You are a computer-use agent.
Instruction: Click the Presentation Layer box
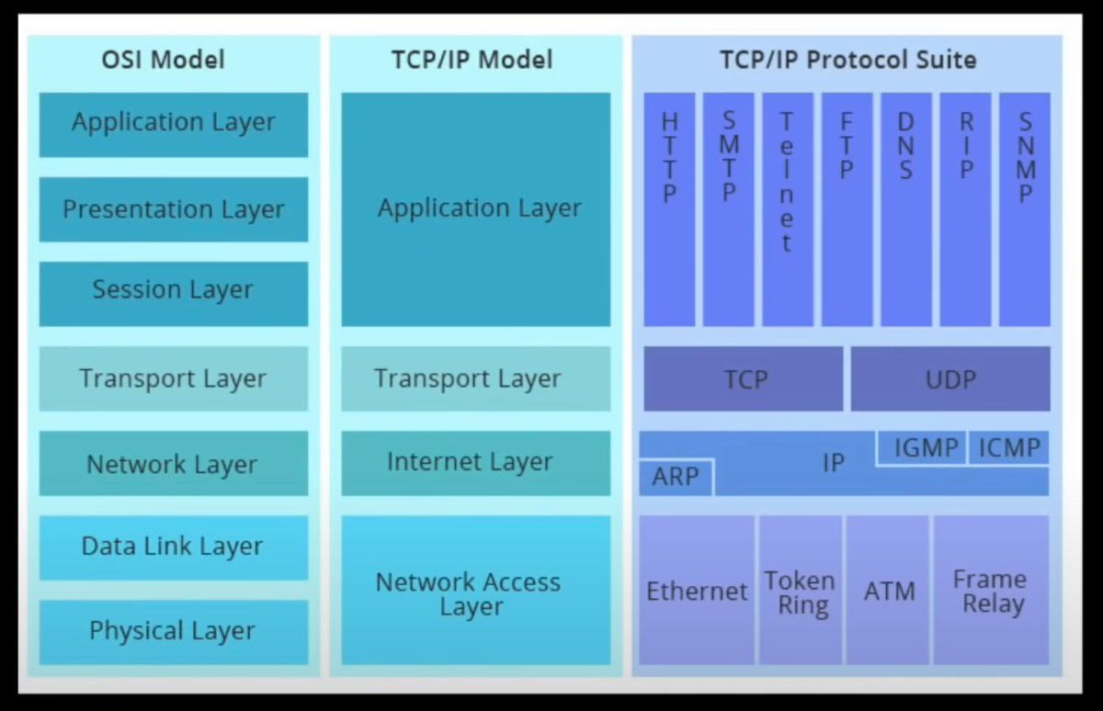(x=174, y=209)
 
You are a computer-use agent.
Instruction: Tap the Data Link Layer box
(x=174, y=547)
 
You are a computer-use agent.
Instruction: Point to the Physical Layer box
(x=174, y=631)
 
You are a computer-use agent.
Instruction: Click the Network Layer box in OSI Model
(x=174, y=464)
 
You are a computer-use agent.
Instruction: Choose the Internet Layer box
(x=475, y=462)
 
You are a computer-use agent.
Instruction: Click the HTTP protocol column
(x=669, y=209)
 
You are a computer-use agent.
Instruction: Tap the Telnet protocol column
(x=787, y=209)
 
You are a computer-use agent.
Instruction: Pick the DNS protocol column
(x=905, y=209)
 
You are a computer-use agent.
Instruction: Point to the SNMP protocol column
(x=1024, y=209)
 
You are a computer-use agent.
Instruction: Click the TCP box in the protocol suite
(x=743, y=378)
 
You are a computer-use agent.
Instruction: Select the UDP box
(x=950, y=378)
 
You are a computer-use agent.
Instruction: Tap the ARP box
(x=676, y=478)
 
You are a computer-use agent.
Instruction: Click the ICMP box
(x=1008, y=448)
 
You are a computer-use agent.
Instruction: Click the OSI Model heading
(x=163, y=61)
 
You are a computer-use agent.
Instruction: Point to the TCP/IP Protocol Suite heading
(x=847, y=61)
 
